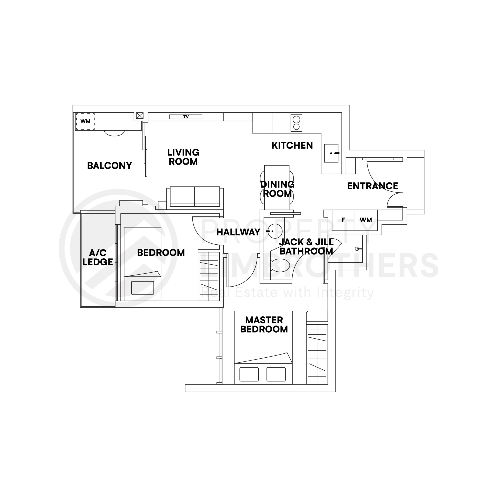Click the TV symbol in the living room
click(185, 117)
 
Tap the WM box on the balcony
click(85, 121)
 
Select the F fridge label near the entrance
click(343, 220)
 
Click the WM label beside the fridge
click(366, 220)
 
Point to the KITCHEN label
click(292, 146)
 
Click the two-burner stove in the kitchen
click(296, 123)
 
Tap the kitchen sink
click(331, 153)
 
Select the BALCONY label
click(109, 166)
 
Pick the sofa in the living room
click(195, 197)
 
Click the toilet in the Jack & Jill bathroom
click(280, 265)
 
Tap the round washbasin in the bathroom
click(275, 231)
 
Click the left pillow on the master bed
click(249, 374)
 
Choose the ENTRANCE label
click(372, 186)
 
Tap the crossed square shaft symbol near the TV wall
click(140, 116)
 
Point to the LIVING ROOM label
click(183, 157)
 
